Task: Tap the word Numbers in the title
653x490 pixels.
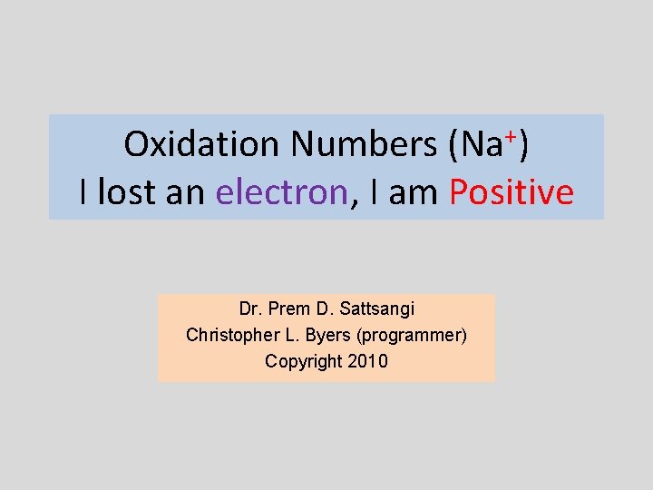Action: tap(363, 143)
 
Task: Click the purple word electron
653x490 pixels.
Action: tap(282, 192)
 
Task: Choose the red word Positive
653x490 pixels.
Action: tap(512, 192)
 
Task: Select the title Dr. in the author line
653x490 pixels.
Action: tap(250, 309)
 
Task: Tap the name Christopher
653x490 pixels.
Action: tap(229, 335)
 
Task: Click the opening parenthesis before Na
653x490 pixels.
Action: tap(453, 145)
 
